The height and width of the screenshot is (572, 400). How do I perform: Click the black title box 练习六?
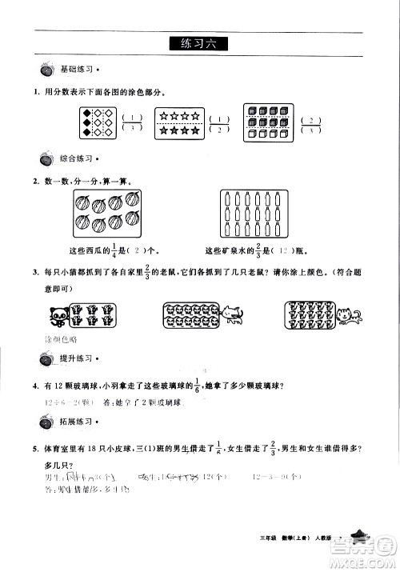click(x=199, y=45)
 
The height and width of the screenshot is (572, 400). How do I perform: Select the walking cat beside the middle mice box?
click(x=232, y=314)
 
